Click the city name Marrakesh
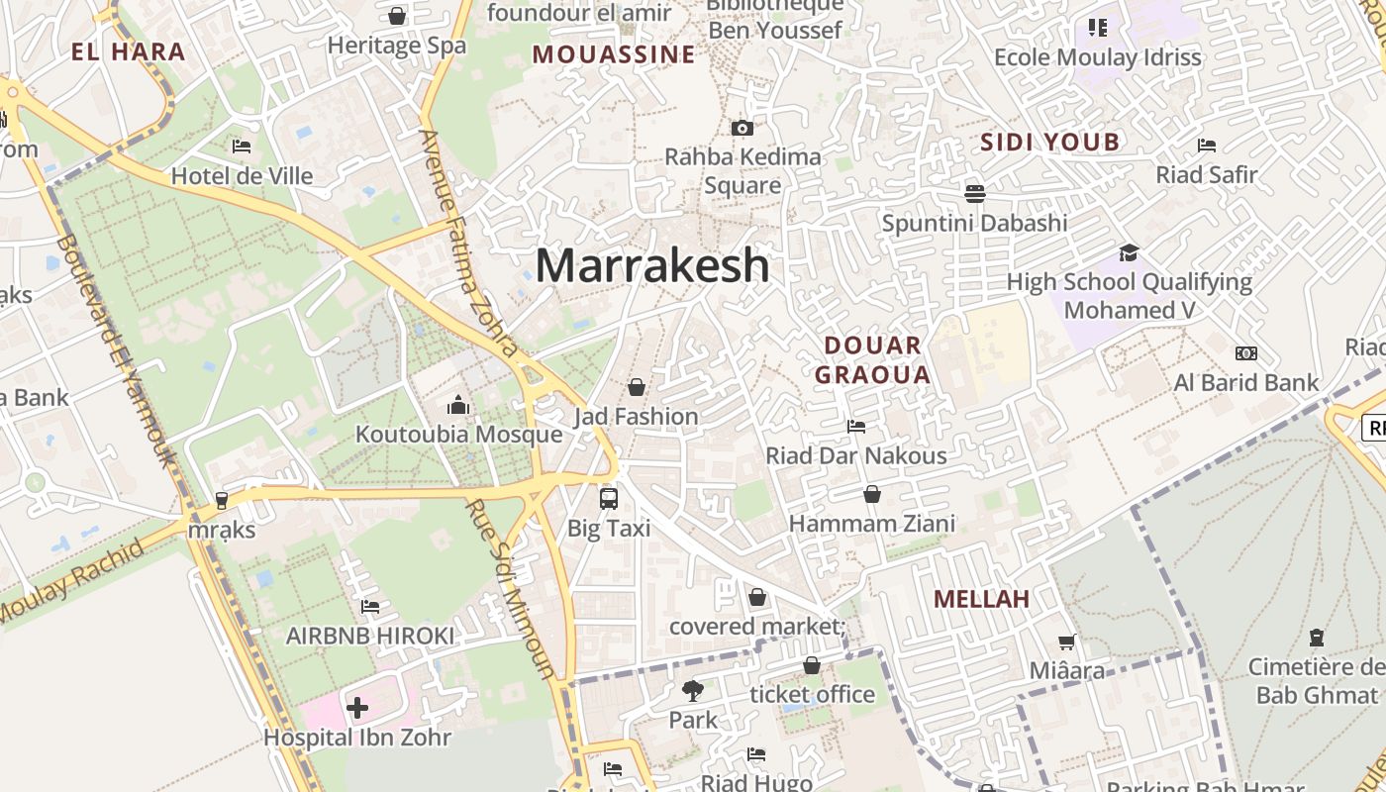(x=652, y=265)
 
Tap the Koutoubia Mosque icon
(x=457, y=405)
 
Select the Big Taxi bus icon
(x=609, y=499)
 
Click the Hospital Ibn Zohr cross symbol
(x=357, y=708)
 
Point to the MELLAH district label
(x=981, y=599)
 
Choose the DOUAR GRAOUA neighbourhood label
(x=872, y=359)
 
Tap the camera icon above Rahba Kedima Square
(x=742, y=128)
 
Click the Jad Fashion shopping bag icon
(x=637, y=387)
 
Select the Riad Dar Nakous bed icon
(x=856, y=427)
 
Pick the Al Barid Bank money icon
(x=1246, y=353)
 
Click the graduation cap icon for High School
(x=1129, y=252)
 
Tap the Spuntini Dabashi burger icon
(x=975, y=193)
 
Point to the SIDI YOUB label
(x=1049, y=143)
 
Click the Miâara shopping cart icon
(x=1066, y=643)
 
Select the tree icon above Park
(x=692, y=690)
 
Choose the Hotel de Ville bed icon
(x=242, y=147)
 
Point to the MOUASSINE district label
(x=614, y=54)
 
